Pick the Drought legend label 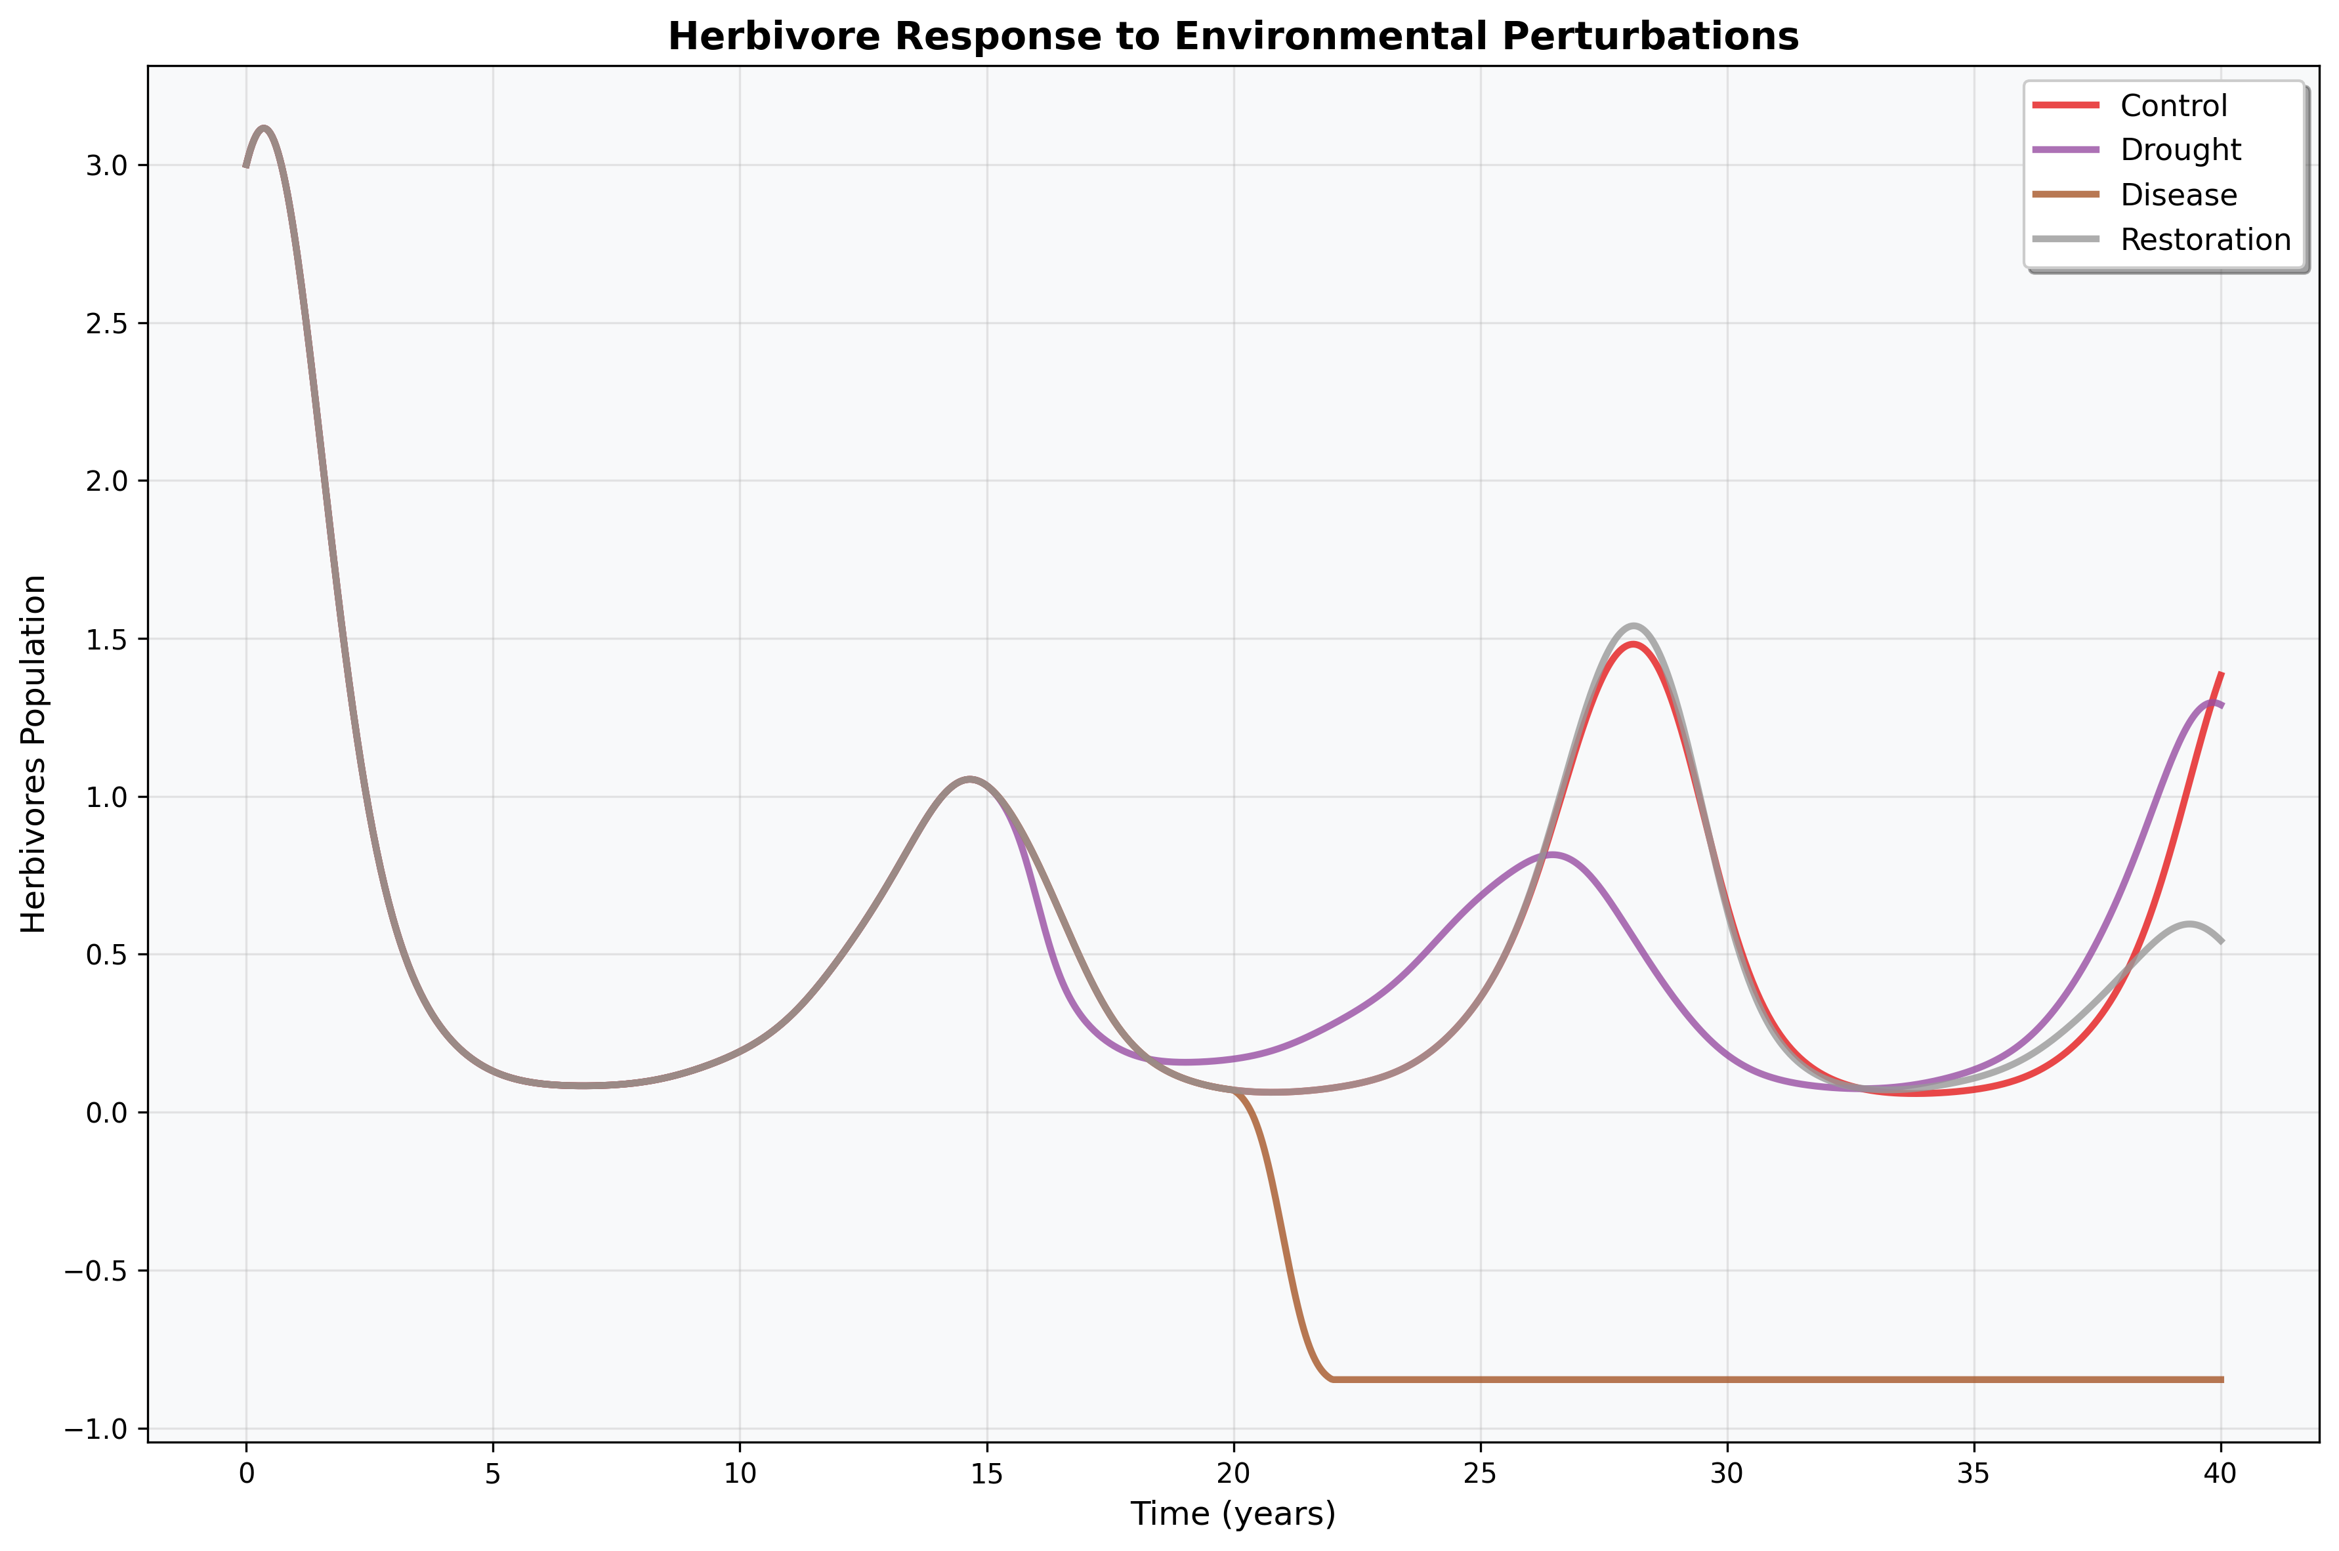(2180, 150)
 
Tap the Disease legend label (2178, 195)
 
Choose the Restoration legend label (2204, 239)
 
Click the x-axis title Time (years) (1233, 1514)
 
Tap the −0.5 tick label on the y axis (95, 1271)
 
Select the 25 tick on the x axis (1480, 1473)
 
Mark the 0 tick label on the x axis (246, 1473)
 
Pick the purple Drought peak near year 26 (1551, 854)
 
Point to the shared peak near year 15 (969, 779)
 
